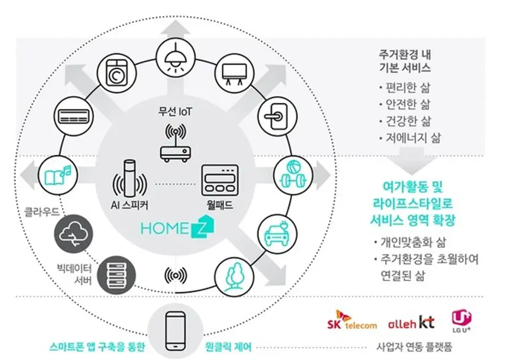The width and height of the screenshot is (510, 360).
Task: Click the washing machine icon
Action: coord(116,74)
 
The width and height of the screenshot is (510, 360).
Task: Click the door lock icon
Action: coord(277,116)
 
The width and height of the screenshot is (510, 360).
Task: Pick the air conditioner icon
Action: coord(74,116)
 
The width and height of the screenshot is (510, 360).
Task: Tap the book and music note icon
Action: coord(58,175)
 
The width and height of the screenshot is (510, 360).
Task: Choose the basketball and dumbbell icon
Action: coord(293,175)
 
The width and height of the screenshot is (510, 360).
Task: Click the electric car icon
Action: coord(277,234)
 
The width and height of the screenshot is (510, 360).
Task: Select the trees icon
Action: coord(234,277)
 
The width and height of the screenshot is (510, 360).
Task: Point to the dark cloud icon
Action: coord(74,234)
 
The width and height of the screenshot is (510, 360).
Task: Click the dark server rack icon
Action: coord(116,275)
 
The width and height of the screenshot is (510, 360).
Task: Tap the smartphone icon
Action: coord(175,331)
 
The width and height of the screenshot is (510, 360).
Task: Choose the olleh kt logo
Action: coord(411,322)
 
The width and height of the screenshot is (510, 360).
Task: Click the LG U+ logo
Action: coord(461,321)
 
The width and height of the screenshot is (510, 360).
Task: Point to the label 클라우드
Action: coord(41,212)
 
